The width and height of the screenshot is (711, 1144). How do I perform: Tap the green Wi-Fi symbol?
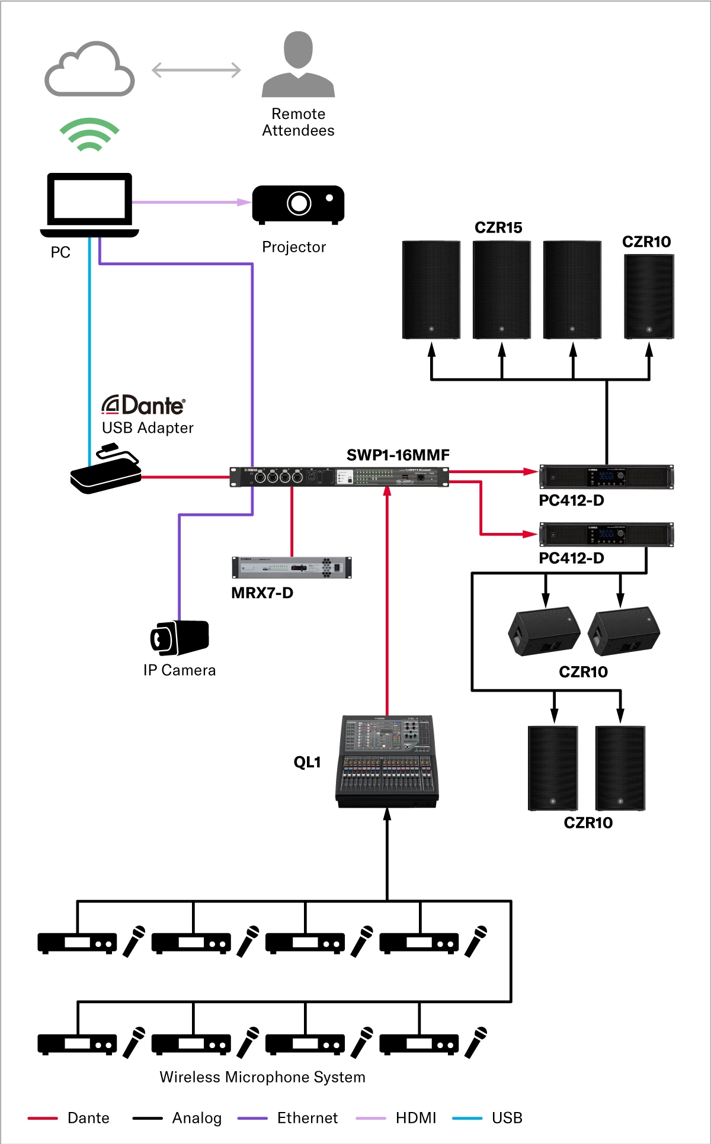(89, 134)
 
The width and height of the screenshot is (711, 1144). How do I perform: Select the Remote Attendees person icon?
(299, 65)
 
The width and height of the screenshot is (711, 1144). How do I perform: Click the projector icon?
(298, 204)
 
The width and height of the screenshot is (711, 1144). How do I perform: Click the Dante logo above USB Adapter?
(143, 406)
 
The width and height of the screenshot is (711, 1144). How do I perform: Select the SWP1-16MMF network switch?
(339, 477)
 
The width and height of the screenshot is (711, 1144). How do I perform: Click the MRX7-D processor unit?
(292, 567)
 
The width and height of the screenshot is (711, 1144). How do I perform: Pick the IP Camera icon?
(179, 638)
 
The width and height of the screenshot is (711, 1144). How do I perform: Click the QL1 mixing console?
(387, 761)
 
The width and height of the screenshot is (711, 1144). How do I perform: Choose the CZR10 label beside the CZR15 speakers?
(646, 242)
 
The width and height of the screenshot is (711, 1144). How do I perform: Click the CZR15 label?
(498, 227)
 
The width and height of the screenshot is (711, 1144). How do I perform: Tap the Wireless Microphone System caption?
(262, 1077)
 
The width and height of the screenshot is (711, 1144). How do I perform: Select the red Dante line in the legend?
(43, 1119)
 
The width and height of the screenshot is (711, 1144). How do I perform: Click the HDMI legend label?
(416, 1118)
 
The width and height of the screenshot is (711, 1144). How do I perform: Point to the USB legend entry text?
(507, 1118)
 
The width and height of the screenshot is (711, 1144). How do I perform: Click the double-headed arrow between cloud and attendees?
(196, 70)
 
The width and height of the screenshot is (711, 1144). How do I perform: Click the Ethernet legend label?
(307, 1118)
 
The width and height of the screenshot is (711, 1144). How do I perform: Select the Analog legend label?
(197, 1118)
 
